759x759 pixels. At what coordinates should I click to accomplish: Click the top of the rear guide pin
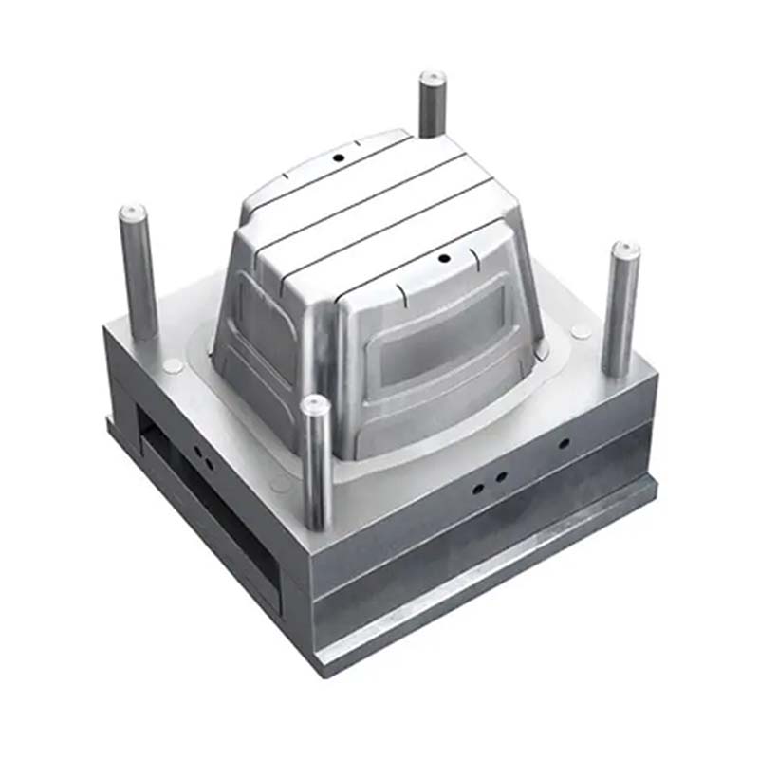pos(433,77)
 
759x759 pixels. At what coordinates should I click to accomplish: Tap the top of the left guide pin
pos(132,211)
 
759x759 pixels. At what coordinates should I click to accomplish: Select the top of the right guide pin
pos(624,250)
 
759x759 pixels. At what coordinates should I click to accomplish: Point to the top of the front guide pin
pos(315,405)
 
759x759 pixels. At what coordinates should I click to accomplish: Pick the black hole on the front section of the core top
pos(442,258)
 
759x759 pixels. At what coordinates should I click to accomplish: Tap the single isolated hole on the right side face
pos(564,443)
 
